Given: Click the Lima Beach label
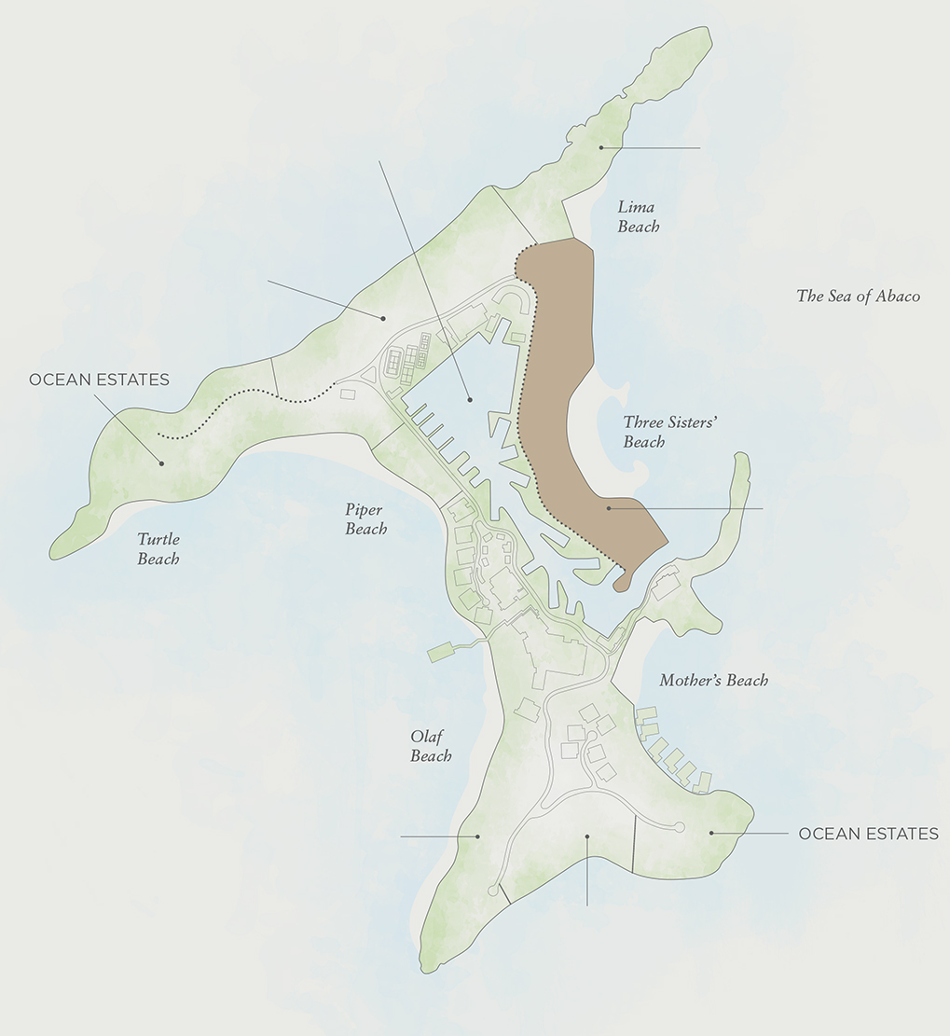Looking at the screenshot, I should (638, 216).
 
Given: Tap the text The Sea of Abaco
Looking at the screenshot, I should (858, 297).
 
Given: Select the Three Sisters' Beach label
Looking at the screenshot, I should (656, 432).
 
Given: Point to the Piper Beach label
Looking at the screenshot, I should (365, 519).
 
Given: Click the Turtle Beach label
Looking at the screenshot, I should (158, 549).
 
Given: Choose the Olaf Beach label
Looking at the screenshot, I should (431, 746).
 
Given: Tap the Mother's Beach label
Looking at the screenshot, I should (713, 681).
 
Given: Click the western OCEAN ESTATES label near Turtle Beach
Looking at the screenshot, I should (99, 380).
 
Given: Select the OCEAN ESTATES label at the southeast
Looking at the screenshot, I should (868, 834).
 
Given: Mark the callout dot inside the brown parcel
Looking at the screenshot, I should (608, 508).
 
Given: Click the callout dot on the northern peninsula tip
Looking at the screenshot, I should (602, 147).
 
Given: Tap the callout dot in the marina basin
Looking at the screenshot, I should (470, 399).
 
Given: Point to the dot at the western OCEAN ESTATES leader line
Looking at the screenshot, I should (161, 462).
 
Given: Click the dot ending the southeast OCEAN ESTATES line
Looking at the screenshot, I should (711, 833).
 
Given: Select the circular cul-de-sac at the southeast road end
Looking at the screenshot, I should (679, 827).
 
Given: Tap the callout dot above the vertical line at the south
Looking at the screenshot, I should (587, 836).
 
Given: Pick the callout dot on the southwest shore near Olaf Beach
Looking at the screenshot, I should (478, 836).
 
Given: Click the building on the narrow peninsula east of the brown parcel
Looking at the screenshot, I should (666, 587).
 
